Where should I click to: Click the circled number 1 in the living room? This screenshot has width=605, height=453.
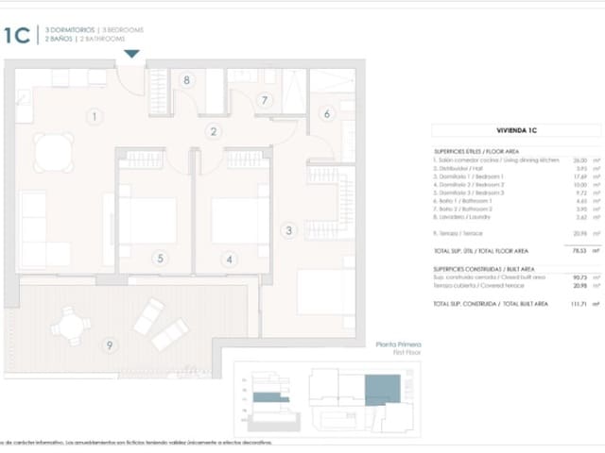click(x=94, y=117)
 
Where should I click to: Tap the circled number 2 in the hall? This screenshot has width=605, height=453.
click(x=215, y=132)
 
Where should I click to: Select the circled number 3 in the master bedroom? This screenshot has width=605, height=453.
click(x=289, y=229)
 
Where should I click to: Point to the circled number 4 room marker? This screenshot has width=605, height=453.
click(x=229, y=258)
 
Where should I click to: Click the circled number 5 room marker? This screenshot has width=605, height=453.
click(x=161, y=258)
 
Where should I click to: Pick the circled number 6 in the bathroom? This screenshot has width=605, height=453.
click(x=327, y=114)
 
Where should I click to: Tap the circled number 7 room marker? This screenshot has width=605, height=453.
click(x=265, y=99)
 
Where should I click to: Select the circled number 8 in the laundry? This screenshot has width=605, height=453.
click(x=187, y=80)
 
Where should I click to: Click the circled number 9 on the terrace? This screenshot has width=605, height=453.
click(x=110, y=345)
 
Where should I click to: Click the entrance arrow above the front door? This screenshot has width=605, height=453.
click(x=132, y=55)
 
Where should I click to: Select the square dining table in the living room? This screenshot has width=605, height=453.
click(x=54, y=151)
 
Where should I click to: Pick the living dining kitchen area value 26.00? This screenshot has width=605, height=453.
click(x=567, y=160)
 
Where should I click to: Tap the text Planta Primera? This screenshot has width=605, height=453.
click(x=398, y=345)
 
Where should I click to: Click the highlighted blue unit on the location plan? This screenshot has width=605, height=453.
click(x=383, y=388)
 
